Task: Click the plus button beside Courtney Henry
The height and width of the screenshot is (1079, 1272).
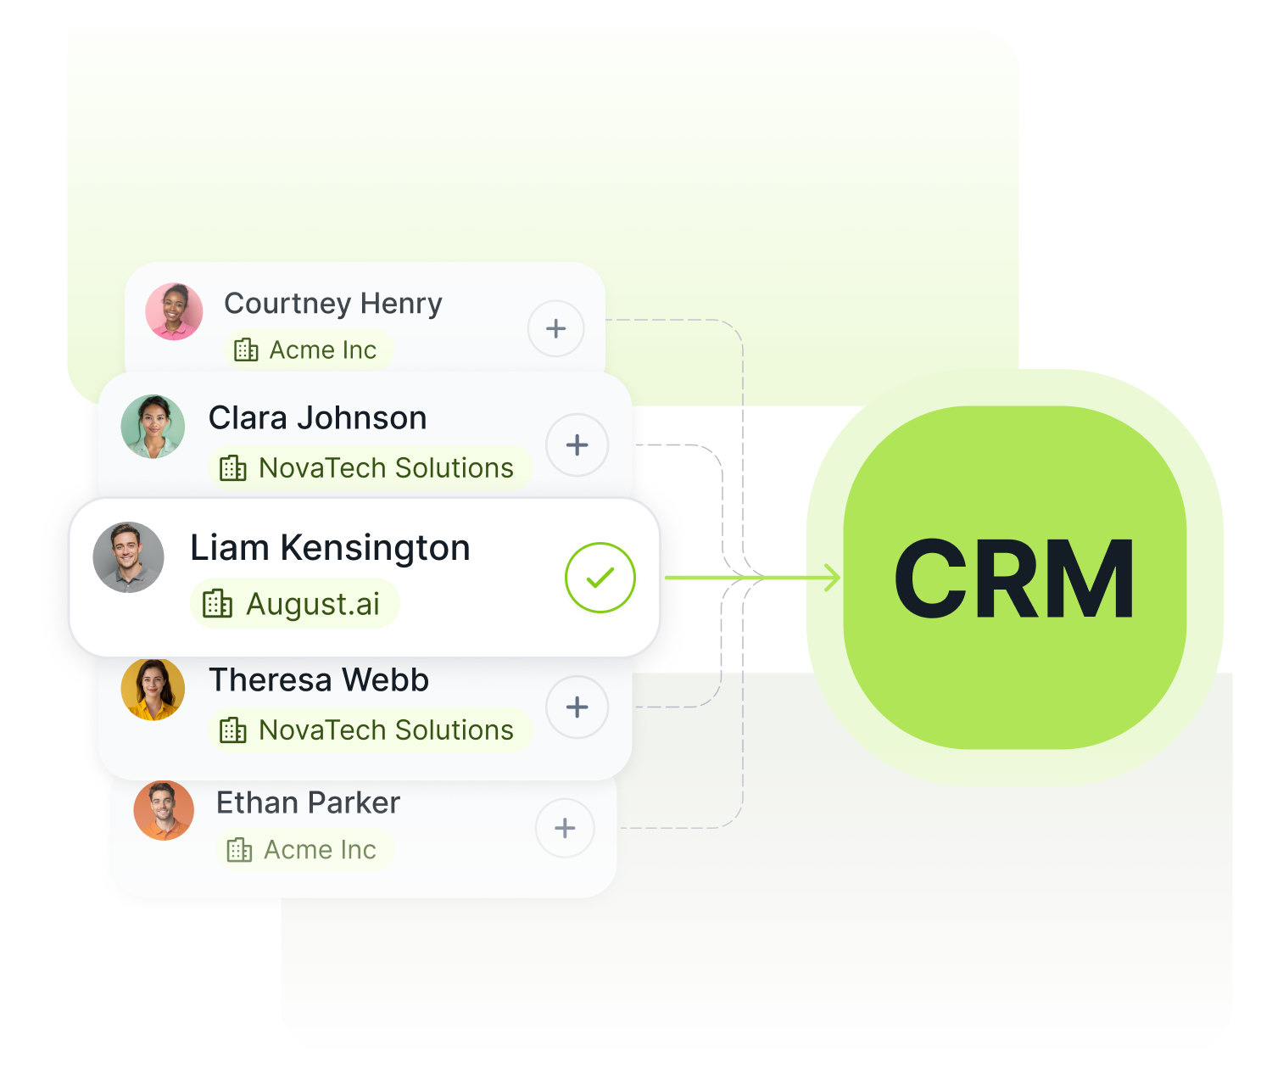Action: tap(555, 328)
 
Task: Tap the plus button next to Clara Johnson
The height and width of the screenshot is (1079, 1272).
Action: tap(577, 444)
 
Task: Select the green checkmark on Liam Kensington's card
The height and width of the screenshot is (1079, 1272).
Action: tap(600, 578)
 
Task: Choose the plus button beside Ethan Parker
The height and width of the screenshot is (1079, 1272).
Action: tap(565, 828)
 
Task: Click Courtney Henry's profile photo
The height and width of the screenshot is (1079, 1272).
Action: tap(174, 311)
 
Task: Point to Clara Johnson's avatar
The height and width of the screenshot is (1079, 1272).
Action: tap(153, 427)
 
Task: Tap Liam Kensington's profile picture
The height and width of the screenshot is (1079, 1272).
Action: tap(128, 557)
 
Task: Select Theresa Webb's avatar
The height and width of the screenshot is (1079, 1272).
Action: tap(153, 689)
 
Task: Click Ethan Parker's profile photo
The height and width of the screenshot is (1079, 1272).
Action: tap(164, 811)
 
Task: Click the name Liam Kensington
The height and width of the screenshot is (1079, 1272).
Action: tap(330, 548)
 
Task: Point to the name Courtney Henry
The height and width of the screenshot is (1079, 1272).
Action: tap(332, 304)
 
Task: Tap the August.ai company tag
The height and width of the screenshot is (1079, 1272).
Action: tap(294, 604)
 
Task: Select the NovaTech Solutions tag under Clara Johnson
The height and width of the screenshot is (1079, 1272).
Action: tap(369, 468)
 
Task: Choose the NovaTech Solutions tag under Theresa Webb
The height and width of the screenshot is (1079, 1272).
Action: tap(369, 730)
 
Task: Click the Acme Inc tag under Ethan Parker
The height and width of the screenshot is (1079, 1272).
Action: tap(304, 850)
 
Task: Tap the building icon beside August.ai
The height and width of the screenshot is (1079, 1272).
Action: tap(217, 604)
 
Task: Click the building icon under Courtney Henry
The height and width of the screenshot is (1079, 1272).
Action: tap(246, 349)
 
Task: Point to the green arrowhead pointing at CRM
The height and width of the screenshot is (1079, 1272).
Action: tap(833, 578)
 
